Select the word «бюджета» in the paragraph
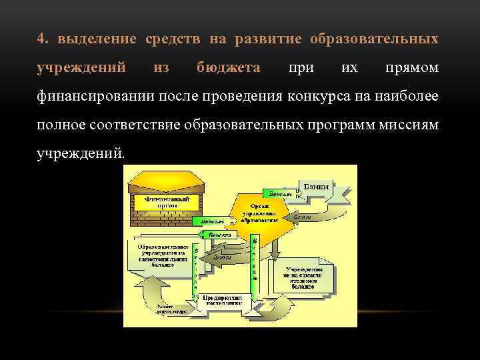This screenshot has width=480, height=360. tap(229, 68)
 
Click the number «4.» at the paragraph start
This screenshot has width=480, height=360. tap(44, 39)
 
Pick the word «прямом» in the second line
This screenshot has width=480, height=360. tap(412, 68)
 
